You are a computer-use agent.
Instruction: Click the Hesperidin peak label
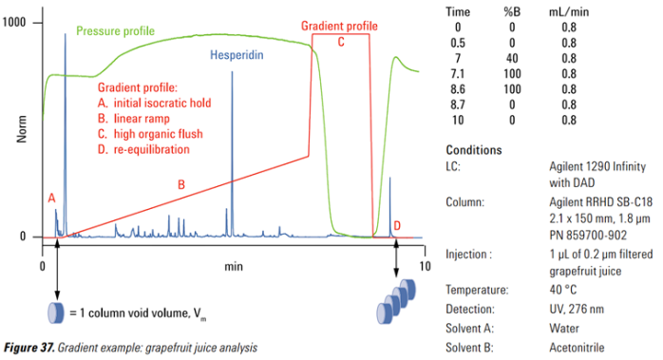coord(237,55)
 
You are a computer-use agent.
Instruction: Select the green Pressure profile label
coord(115,31)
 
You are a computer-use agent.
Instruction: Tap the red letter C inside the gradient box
coord(341,42)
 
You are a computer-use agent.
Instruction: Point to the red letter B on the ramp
coord(181,184)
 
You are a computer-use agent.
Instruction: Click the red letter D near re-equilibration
coord(397,225)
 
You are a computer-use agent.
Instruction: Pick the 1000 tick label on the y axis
coord(14,22)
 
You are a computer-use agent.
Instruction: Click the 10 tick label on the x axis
coord(425,266)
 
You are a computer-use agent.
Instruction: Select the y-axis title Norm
coord(22,129)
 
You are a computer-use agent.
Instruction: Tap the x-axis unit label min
coord(234,267)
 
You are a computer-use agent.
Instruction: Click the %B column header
coord(512,11)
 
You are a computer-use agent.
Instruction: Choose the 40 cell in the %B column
coord(512,58)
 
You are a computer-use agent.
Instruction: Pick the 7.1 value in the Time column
coord(458,73)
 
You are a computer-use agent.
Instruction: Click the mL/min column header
coord(569,11)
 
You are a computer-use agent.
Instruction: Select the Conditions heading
coord(474,150)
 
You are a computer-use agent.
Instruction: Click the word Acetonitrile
coord(577,348)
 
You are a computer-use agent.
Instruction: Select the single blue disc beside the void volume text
coord(55,313)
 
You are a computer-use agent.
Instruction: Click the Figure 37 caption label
coord(29,348)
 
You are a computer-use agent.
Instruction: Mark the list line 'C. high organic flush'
coord(150,134)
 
